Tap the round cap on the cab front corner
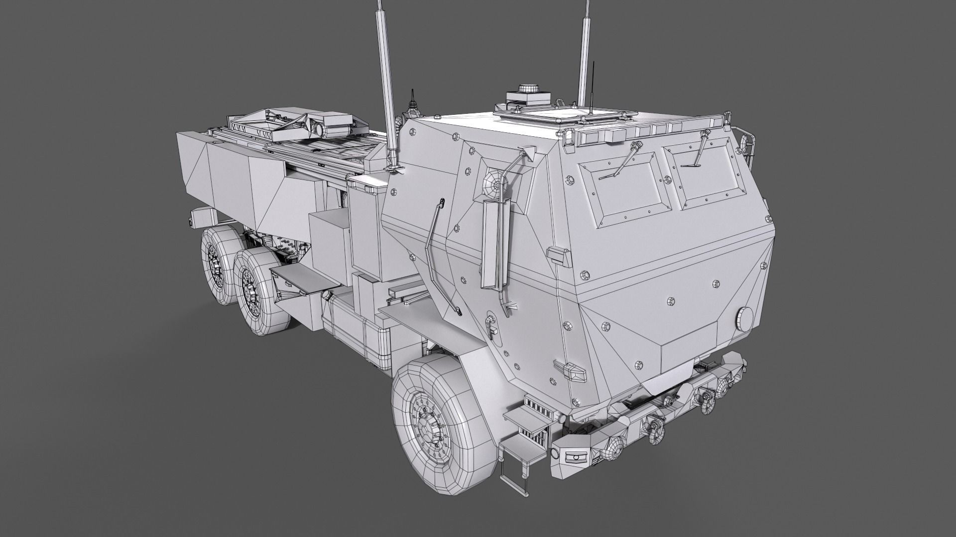[744, 319]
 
